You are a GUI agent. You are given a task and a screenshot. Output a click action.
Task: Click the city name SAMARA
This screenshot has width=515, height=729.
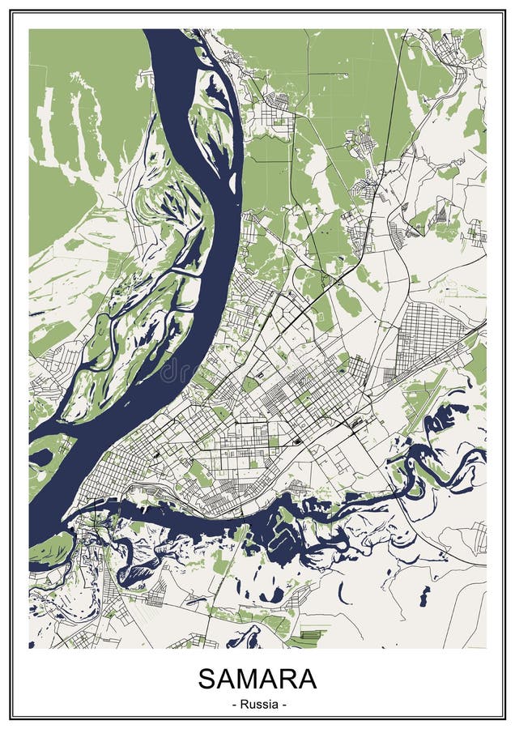[x=257, y=679]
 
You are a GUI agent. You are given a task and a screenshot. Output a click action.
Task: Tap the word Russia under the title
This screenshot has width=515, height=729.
[x=257, y=704]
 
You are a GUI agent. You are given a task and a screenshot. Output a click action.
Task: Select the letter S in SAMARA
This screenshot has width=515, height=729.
[x=208, y=679]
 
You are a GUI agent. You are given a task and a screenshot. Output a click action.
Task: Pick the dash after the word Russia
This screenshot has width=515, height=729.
[x=283, y=704]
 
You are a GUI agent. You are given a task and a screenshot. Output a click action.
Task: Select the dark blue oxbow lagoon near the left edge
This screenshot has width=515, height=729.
[x=40, y=458]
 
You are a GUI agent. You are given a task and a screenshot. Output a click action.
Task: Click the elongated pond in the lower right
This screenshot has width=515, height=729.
[x=423, y=595]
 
